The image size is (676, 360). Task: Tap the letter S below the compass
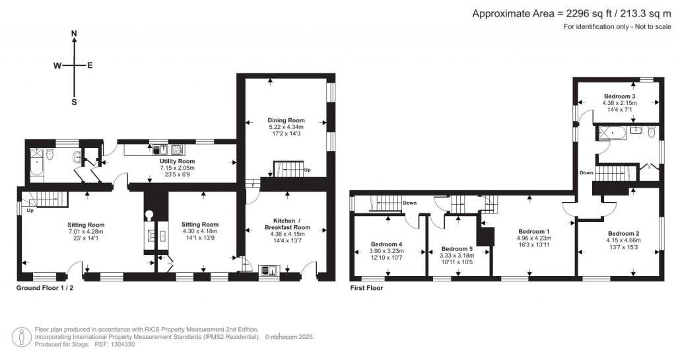click(x=74, y=102)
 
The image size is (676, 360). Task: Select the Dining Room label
click(x=285, y=120)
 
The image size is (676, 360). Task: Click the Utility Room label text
click(x=177, y=161)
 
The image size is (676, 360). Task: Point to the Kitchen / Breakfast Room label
click(x=287, y=223)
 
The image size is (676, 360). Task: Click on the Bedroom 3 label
click(x=619, y=96)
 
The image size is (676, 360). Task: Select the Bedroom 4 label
click(x=386, y=244)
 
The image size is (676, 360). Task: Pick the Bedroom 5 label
click(x=457, y=250)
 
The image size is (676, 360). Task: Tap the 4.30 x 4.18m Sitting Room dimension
click(x=200, y=231)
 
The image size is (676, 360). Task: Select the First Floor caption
click(x=366, y=288)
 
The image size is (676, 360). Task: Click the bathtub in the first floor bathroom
click(x=614, y=133)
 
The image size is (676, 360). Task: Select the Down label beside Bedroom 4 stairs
click(x=409, y=203)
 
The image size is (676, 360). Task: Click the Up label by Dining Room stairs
click(x=308, y=170)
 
